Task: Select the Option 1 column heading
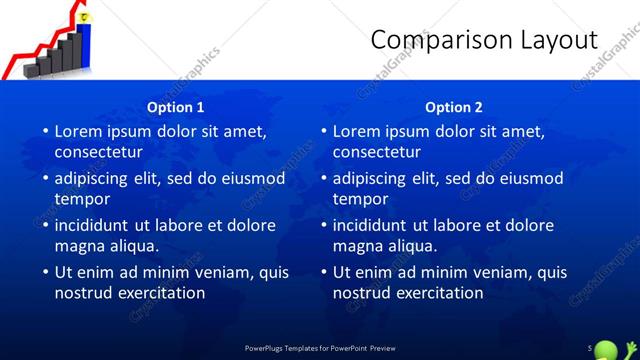tap(176, 107)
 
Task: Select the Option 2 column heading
tap(453, 107)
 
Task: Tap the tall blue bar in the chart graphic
tap(86, 44)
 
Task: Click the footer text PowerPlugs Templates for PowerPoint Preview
tap(320, 347)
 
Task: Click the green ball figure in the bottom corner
tap(607, 348)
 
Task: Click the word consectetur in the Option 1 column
tap(98, 153)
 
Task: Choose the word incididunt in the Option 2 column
tap(369, 225)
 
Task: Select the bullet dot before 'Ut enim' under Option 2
tap(323, 272)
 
